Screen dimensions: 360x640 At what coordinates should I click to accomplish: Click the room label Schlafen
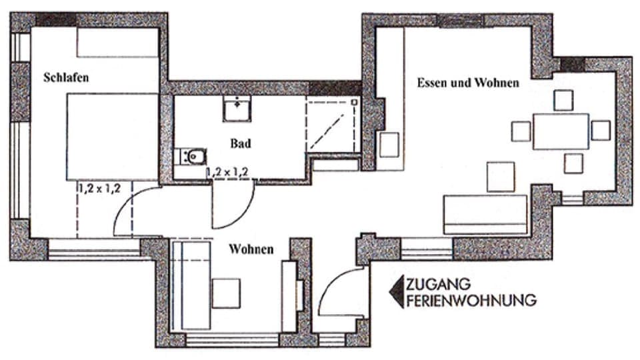pos(66,77)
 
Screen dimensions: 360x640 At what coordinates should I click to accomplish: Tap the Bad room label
pos(241,143)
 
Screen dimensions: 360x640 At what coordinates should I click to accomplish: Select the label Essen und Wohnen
pos(468,83)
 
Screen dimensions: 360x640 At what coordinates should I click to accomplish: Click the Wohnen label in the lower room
pos(251,249)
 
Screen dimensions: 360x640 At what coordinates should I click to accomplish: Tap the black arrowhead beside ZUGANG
pos(396,292)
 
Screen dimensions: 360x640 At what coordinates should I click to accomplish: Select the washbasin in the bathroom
pos(237,109)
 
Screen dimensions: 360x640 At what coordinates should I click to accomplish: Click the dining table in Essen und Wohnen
pos(561,131)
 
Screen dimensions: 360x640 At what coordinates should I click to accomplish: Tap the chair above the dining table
pos(563,100)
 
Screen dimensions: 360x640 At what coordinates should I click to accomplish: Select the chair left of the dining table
pos(521,131)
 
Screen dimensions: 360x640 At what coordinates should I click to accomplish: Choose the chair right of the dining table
pos(601,130)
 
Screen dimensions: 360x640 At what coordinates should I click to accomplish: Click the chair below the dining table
pos(573,163)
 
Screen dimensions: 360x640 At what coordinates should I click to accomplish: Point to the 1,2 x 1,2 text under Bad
pos(227,172)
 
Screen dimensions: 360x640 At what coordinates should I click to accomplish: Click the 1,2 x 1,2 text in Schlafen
pos(99,189)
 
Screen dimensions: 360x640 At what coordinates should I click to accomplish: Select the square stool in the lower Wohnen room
pos(226,293)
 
